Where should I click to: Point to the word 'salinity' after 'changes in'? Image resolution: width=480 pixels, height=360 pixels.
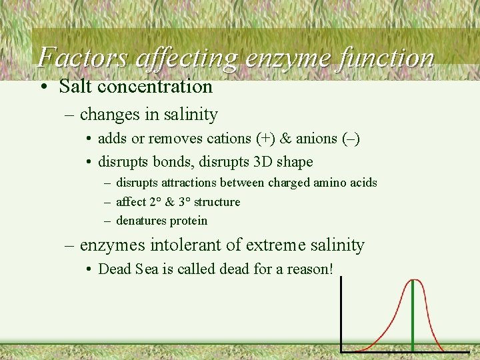point(190,115)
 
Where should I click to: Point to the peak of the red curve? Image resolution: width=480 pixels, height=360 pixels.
point(414,279)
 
